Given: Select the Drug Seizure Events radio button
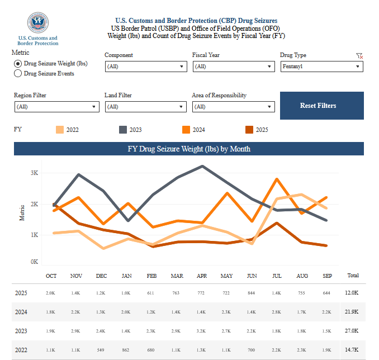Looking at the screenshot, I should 18,73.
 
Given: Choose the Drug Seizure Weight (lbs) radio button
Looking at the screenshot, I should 18,64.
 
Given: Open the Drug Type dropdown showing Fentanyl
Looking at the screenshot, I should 321,67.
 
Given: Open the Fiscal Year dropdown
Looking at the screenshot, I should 233,67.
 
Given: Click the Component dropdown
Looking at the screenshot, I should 145,67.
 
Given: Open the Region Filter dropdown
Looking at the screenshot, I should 56,107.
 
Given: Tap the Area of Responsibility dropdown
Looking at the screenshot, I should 233,107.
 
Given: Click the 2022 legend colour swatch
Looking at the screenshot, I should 59,130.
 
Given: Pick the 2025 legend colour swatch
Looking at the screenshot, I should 249,130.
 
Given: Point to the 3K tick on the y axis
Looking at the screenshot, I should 34,173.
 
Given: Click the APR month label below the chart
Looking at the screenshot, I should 202,276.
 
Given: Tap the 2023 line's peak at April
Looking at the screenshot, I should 202,166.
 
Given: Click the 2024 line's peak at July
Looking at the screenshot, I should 277,179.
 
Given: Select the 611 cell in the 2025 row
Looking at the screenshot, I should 151,293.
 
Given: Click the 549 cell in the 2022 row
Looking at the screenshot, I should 101,349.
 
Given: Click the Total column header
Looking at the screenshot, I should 353,276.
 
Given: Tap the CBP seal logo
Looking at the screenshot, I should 37,22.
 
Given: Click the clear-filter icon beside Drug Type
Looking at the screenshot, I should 359,56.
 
